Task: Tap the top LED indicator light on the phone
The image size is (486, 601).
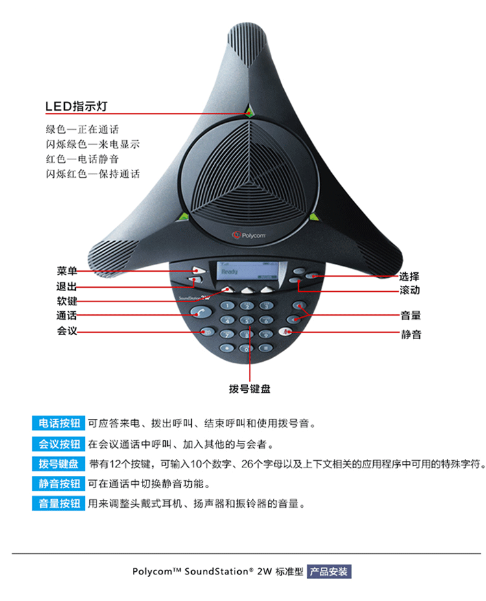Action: (249, 112)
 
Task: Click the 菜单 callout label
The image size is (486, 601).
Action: (67, 270)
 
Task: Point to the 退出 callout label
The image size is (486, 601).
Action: (67, 286)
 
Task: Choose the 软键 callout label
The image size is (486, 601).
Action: (67, 301)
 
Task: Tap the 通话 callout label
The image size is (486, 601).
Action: (67, 316)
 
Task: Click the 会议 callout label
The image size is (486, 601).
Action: (67, 331)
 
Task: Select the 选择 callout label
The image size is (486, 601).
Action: (410, 276)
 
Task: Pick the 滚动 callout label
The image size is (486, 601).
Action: (410, 290)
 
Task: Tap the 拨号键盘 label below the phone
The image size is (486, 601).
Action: (249, 389)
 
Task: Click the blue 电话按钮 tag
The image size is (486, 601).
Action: (59, 423)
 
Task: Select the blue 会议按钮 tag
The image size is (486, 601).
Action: (59, 444)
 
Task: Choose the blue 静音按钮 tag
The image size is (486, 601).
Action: (59, 484)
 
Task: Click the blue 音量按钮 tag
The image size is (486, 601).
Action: (59, 503)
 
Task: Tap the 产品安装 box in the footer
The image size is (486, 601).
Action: (329, 572)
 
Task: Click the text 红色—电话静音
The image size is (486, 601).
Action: (82, 159)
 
